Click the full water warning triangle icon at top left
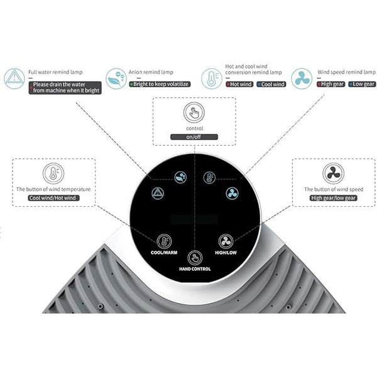[14, 78]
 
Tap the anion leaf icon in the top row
[114, 78]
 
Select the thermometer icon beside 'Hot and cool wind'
[211, 78]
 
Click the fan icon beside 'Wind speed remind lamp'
[301, 78]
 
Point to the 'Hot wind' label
[239, 84]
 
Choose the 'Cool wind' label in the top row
[271, 84]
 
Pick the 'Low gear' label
[362, 84]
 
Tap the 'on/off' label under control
[194, 137]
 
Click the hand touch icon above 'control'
[194, 113]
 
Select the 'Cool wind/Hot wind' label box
[53, 197]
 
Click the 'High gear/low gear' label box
[333, 197]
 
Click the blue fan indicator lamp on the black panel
[231, 193]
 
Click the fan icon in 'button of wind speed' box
[333, 173]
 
